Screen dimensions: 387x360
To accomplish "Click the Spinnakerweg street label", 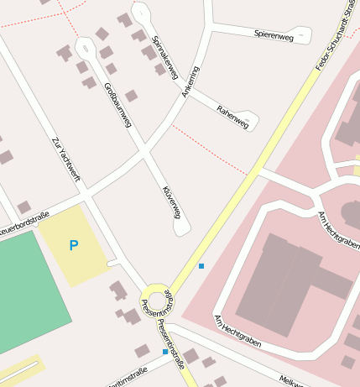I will click(164, 58).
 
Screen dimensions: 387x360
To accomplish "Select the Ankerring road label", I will click(191, 81).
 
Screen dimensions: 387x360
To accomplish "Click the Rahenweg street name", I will click(232, 117).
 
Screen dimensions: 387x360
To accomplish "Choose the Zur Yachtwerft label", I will click(66, 159).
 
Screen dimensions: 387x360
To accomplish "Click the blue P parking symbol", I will click(73, 246).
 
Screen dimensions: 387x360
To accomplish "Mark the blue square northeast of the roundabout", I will click(201, 266).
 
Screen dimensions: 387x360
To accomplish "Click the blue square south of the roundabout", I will click(164, 352).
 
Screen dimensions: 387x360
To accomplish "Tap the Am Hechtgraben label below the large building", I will click(237, 332).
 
